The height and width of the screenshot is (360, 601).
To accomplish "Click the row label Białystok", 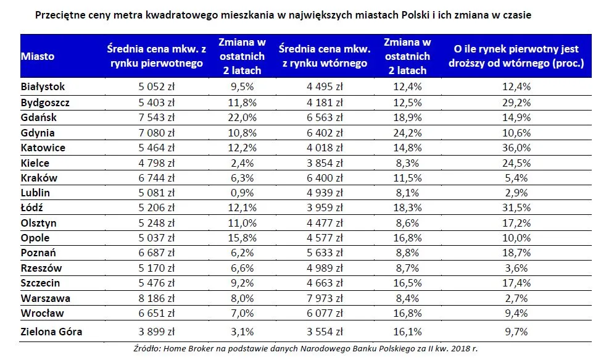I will point(43,87).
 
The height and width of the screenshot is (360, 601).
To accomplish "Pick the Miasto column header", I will point(38,56).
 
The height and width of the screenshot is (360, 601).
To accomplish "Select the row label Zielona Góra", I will point(51,332).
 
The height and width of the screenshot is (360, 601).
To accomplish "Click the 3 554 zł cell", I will point(324,332).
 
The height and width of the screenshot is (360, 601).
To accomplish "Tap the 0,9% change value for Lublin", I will point(242,193).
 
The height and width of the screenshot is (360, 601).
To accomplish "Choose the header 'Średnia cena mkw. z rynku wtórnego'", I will point(324,56).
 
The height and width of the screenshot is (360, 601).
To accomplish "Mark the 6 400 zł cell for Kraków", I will point(324,178).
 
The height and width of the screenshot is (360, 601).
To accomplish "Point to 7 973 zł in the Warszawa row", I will point(324,298).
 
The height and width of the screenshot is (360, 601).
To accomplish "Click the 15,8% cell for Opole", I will point(242,238).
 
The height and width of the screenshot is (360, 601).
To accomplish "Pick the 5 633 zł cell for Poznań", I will point(324,253).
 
